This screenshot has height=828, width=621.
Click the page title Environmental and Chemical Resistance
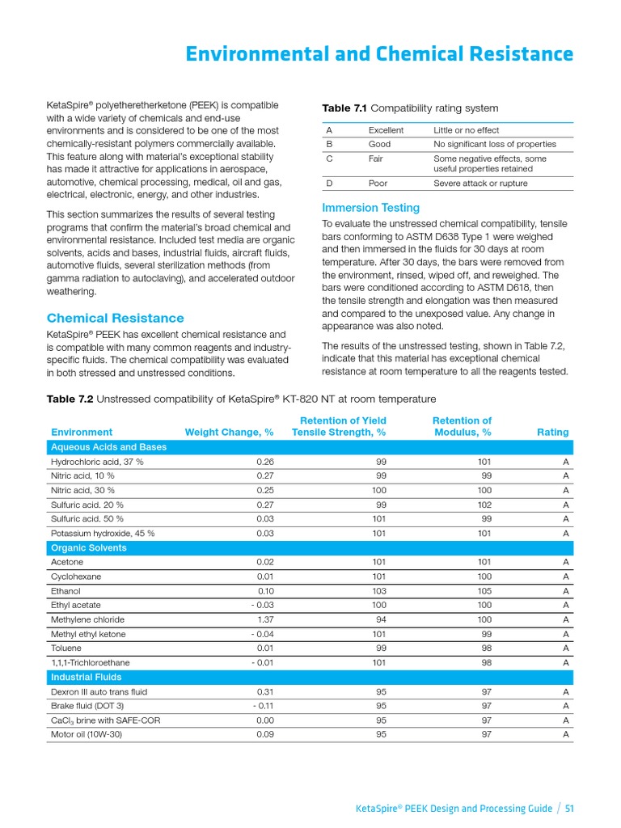379,54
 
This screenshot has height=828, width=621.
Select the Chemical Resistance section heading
115,318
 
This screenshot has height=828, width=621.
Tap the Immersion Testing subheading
370,208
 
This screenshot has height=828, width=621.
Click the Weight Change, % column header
229,433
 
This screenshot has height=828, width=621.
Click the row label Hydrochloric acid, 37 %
97,462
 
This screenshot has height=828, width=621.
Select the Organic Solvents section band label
88,547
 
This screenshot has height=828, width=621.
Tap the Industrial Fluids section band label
86,677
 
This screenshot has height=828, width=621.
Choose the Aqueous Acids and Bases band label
108,447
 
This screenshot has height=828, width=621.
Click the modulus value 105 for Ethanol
484,591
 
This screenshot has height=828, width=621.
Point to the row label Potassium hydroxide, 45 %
103,534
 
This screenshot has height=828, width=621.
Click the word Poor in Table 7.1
378,184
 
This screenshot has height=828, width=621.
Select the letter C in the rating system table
329,159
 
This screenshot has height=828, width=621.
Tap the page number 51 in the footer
569,808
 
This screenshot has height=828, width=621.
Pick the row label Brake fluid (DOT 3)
87,706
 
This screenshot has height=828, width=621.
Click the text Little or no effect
466,130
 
